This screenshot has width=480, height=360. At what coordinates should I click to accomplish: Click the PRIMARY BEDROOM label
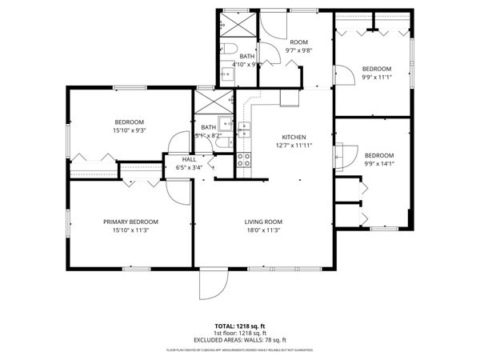[130, 222]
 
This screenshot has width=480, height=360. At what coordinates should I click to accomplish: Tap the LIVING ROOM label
[264, 222]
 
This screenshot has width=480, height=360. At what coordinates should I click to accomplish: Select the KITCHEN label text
[294, 137]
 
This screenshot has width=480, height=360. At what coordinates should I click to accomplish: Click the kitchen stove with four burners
[244, 160]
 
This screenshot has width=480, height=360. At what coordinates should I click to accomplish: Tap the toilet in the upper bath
[227, 46]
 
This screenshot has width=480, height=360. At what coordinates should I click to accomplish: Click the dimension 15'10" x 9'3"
[130, 130]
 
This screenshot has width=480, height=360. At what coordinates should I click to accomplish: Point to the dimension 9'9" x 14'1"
[379, 164]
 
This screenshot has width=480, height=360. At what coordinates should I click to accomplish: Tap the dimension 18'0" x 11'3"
[264, 230]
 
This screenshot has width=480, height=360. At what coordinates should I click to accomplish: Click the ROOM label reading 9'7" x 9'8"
[298, 46]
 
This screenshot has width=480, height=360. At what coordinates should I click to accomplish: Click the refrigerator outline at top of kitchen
[289, 97]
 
